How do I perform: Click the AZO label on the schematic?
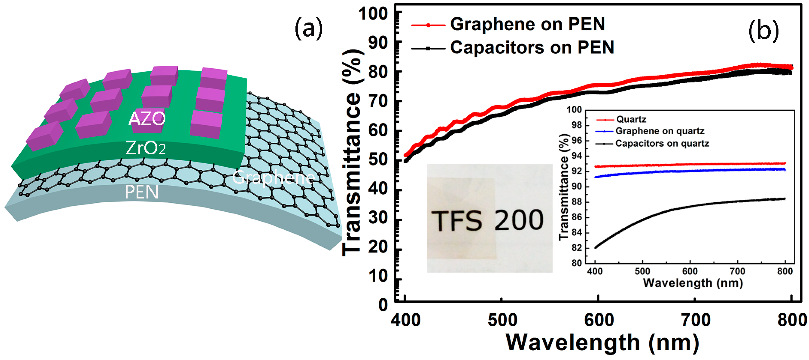(147, 118)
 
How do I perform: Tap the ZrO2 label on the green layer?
(146, 148)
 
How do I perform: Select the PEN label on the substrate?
(141, 192)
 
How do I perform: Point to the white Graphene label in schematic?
(273, 178)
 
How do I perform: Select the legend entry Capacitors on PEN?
(532, 48)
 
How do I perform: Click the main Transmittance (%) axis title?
(352, 153)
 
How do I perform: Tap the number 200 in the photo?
(519, 220)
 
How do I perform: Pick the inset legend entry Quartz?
(631, 119)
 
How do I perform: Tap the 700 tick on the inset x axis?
(737, 271)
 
